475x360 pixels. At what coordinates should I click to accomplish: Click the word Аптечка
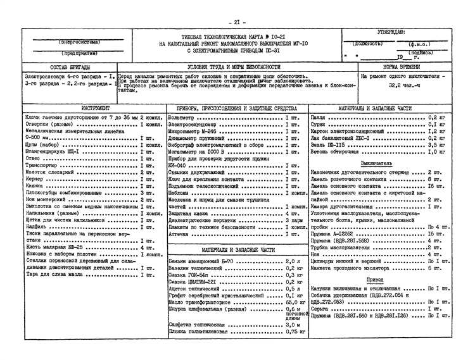point(179,234)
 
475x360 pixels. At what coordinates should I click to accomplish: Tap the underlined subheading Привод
point(375,280)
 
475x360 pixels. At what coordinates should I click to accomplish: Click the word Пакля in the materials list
point(319,118)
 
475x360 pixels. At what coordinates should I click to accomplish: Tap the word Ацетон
point(181,288)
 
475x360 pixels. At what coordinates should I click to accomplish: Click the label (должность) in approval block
point(368,44)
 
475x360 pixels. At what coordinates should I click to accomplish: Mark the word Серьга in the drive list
point(321,308)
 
